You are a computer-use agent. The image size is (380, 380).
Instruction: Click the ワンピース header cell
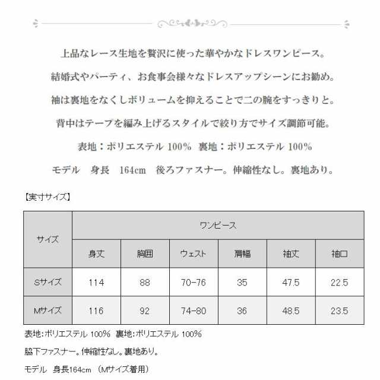218,225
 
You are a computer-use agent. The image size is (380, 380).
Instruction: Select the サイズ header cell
47,239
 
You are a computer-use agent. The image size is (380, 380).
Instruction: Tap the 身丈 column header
96,254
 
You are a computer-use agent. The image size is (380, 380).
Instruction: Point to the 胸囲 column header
145,254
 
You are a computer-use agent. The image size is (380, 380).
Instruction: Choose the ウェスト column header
194,254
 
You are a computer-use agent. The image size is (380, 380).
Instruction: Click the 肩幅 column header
242,254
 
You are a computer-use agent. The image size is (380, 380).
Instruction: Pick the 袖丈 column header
291,254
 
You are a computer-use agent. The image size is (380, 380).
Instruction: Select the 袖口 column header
340,254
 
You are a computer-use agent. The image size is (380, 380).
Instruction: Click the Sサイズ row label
47,282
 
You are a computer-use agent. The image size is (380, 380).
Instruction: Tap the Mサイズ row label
47,311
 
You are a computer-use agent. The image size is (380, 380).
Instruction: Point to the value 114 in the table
96,282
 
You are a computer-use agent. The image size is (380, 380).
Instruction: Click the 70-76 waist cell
194,282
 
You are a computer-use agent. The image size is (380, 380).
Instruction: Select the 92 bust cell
145,311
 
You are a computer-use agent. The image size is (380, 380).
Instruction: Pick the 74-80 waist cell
194,311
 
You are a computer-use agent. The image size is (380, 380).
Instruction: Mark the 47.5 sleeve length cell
291,282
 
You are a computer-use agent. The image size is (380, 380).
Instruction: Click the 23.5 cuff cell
340,311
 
